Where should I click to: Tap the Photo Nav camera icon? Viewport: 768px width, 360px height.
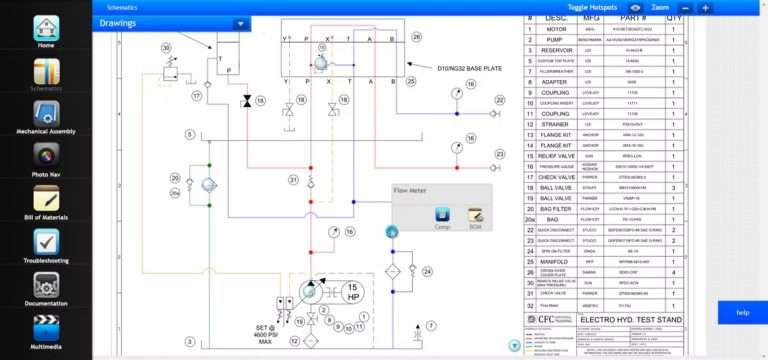coord(45,156)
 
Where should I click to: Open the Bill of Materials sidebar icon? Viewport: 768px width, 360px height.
coord(45,199)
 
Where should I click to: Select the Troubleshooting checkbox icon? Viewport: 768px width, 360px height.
coord(45,242)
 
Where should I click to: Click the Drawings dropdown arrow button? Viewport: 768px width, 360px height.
coord(239,23)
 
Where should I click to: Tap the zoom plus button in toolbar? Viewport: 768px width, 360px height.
coord(705,7)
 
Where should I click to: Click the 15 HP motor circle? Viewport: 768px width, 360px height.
coord(352,293)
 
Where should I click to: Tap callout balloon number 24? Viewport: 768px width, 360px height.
coord(428,271)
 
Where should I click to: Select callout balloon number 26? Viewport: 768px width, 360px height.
coord(418,37)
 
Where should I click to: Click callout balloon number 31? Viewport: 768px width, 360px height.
coord(294,180)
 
